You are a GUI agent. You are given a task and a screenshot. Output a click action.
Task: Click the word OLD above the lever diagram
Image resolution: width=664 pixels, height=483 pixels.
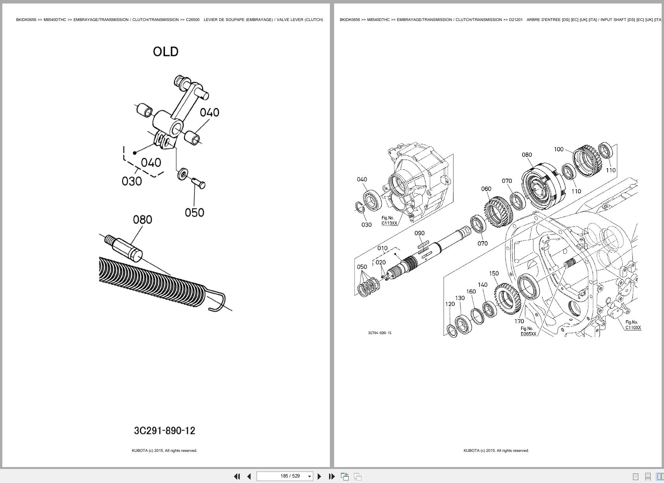coord(166,52)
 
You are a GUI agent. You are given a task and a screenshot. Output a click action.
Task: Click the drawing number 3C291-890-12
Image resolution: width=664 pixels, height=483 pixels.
coord(165,431)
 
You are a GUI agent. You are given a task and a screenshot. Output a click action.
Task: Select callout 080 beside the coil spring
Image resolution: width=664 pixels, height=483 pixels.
coord(142,220)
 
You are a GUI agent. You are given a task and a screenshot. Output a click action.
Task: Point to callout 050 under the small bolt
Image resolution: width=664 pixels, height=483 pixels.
coord(194,213)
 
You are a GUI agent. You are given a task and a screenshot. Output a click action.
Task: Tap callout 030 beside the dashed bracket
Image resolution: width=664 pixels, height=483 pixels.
coord(131,181)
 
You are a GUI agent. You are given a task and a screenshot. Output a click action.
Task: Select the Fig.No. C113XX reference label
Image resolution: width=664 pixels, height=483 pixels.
coord(389,221)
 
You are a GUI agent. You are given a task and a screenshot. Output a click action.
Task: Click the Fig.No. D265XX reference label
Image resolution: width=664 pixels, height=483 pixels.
coord(528,331)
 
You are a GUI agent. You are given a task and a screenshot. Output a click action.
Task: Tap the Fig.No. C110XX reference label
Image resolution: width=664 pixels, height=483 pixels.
coord(632,325)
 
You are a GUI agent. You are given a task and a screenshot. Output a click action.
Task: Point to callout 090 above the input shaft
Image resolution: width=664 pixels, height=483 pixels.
coord(419,233)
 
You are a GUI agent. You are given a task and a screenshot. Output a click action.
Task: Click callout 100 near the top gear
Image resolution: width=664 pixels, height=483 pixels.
coord(559,149)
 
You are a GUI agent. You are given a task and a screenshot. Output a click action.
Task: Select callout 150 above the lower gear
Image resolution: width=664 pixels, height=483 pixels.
coord(494,274)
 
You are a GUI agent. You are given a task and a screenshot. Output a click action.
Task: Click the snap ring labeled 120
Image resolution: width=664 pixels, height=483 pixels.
coord(452,331)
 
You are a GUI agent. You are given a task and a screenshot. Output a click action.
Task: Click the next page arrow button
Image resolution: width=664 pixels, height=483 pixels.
coord(319,476)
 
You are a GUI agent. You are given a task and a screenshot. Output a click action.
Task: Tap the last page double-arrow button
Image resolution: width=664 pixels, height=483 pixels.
coord(332,476)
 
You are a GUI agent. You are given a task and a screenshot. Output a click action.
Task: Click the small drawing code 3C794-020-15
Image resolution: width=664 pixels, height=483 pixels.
coord(380,333)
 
